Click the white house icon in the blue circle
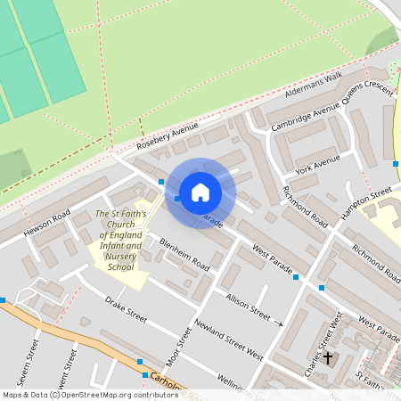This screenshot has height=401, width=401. pos(200,192)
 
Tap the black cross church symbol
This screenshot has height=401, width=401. pos(327,358)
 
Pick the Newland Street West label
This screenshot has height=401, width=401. pos(229,341)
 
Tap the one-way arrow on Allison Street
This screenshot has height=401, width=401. pos(278,323)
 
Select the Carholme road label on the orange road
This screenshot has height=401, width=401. pos(167,383)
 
